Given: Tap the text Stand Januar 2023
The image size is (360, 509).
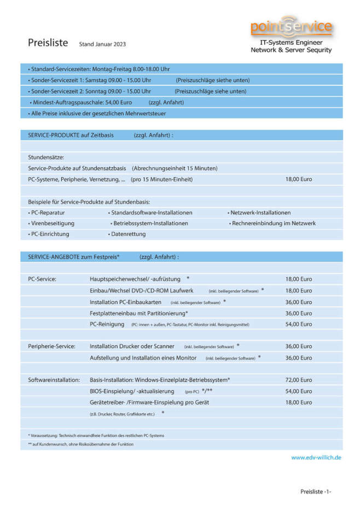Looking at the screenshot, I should point(102,44).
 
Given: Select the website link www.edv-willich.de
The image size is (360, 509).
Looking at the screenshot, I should point(316,457).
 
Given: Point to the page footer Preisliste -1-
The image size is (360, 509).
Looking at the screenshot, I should point(316,492).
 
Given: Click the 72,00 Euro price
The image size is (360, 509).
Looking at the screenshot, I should point(299,379).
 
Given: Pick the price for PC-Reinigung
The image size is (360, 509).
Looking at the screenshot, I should point(299,324).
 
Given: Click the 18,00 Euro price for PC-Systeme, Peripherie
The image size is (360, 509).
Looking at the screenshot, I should point(299,179).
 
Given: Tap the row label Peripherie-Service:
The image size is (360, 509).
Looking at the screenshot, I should point(51,346).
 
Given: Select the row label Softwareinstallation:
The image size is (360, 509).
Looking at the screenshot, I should point(54,379).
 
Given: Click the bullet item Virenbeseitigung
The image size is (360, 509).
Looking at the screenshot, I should point(51,223).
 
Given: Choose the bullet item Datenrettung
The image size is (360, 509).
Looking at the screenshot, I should point(128,234).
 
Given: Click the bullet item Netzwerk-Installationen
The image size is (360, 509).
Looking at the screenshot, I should point(260,212).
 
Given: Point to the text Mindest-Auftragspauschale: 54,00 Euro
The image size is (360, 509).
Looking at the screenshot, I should point(82,102).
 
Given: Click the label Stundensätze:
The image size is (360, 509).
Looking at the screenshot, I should point(46,157).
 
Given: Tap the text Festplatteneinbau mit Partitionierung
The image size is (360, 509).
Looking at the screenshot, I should point(138,313).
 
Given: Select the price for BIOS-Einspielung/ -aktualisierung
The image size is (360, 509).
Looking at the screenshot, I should point(299,391).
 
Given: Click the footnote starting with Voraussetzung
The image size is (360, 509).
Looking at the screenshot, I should point(97,435).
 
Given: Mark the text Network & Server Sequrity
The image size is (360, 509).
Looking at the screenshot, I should point(291,50).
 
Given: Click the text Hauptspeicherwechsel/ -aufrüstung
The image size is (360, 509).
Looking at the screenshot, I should point(135,279).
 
